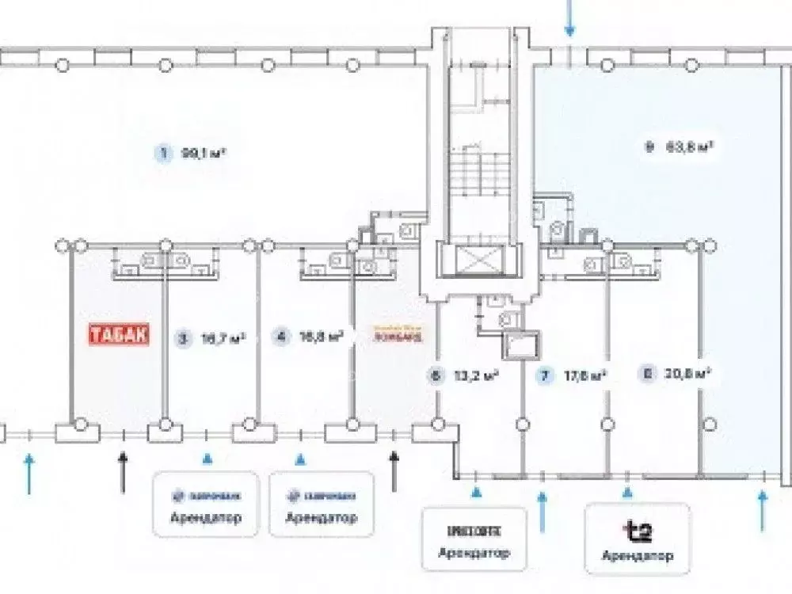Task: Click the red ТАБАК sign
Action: click(118, 335)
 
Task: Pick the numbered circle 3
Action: click(184, 339)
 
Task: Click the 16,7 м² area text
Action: click(223, 339)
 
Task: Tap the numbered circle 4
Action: click(279, 337)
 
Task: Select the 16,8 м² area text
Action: click(320, 337)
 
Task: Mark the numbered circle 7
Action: click(543, 376)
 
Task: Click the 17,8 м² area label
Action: click(584, 376)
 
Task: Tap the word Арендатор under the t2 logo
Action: click(638, 555)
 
